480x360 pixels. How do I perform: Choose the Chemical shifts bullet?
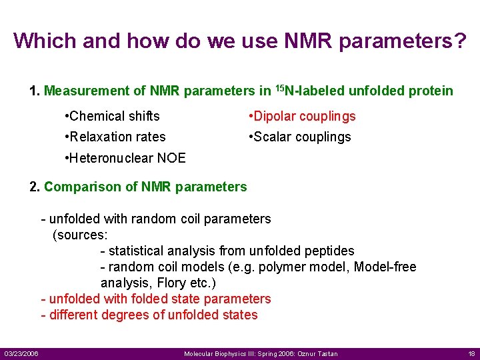tap(112, 116)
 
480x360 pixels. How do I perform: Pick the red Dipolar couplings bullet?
tap(301, 116)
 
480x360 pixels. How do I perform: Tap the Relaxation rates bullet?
tap(115, 137)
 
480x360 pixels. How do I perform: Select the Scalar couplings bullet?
tap(299, 137)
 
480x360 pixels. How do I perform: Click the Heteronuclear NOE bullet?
tap(125, 158)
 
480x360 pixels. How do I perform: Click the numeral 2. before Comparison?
tap(35, 187)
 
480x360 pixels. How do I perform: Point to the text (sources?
tap(80, 235)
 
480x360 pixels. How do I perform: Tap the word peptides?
tap(330, 251)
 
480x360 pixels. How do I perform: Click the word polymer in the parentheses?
tap(277, 267)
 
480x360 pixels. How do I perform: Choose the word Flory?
tap(171, 283)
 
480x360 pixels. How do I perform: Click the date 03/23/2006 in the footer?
tap(21, 353)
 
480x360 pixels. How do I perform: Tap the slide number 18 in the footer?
tap(471, 353)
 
